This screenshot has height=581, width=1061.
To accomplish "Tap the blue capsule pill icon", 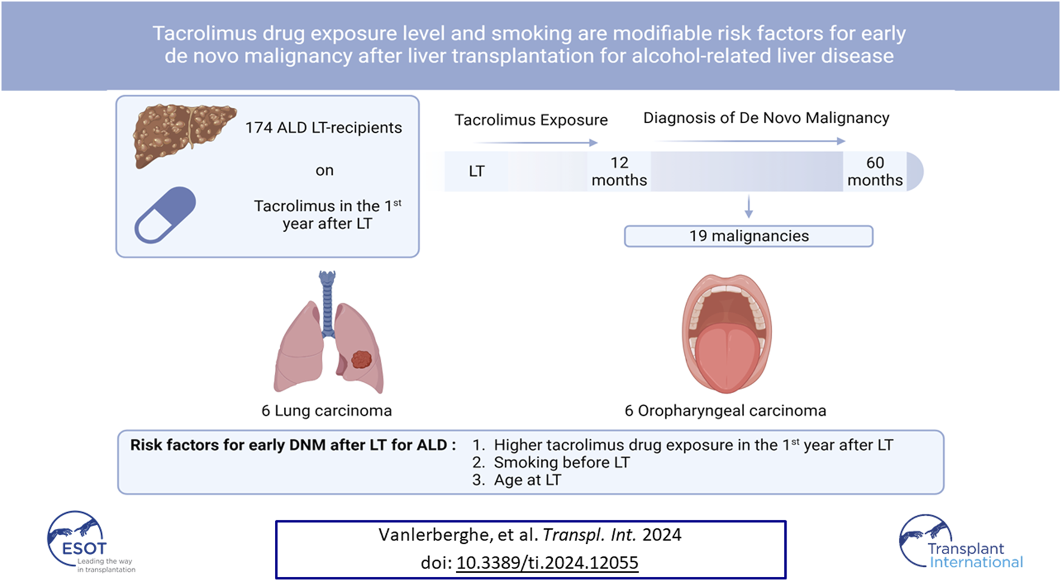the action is pos(165,215).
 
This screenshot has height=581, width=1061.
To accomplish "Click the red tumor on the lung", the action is pos(361,359).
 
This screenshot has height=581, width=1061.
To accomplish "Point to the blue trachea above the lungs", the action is pos(327,303).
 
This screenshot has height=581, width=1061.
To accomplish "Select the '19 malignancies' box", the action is pos(748,236).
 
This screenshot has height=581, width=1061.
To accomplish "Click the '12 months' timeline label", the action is pos(619,171).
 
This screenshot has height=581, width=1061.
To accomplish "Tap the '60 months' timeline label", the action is pos(875,171).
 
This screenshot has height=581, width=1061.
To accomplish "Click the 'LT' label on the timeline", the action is pos(477,171).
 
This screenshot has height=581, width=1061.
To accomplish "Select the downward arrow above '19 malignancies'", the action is pos(748,206).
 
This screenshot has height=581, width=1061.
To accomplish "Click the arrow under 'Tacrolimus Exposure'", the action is pos(536,142).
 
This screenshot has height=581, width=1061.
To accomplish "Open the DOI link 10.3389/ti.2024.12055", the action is pos(547,562).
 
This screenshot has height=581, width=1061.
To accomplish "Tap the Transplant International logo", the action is pos(960,542).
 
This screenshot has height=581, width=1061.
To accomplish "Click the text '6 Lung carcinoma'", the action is pos(326,410).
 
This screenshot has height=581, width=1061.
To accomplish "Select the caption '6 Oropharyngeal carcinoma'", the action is pos(725,411).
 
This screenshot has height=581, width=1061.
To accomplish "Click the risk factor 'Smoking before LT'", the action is pos(562,463).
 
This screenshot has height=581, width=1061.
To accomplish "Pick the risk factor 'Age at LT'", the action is pos(528,480).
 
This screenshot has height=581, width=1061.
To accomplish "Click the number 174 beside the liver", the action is pos(259,127).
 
